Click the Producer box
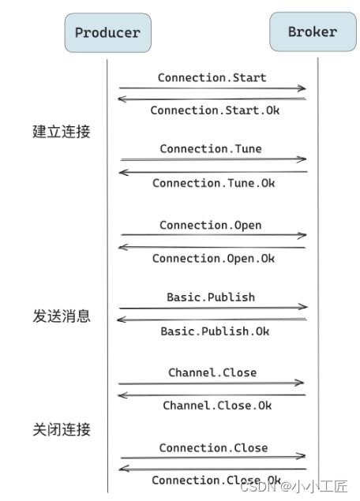coord(107,32)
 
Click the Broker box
coord(312,32)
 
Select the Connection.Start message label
coord(212,77)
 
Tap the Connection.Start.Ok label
coord(215,110)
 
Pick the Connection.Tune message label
coord(211,148)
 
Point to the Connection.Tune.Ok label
coord(214,183)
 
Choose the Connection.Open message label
coord(211,225)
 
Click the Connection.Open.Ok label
coord(214,259)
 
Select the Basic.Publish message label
coord(211,297)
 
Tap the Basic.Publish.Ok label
coord(215,331)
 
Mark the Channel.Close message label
coord(212,372)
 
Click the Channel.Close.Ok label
coord(217,406)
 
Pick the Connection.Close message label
coord(213,447)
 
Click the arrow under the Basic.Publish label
coord(212,308)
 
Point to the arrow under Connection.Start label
coord(212,88)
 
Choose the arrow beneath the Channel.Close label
coord(212,383)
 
